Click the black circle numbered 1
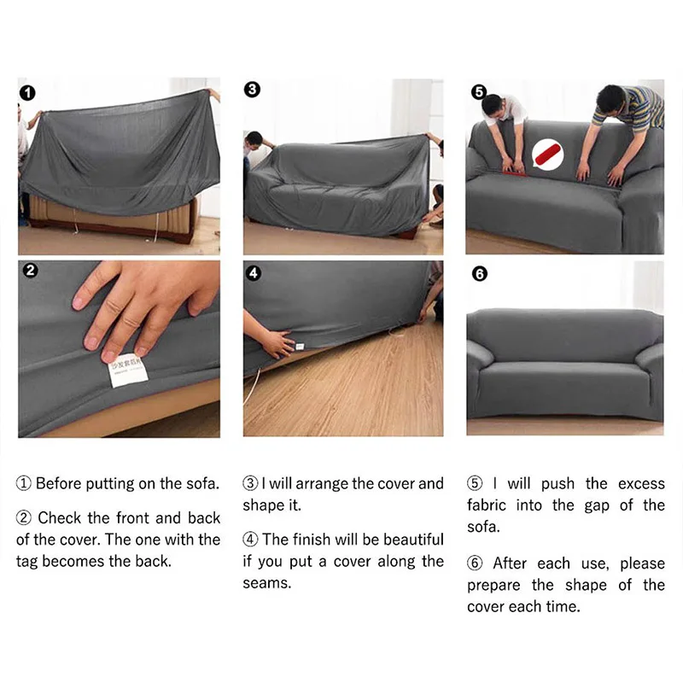(x=28, y=92)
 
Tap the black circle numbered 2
(x=30, y=271)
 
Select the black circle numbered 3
(x=252, y=90)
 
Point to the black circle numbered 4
(x=253, y=273)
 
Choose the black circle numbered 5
(x=478, y=91)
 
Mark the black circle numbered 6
(x=479, y=273)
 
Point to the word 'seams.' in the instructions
(x=266, y=583)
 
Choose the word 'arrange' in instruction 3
(x=325, y=483)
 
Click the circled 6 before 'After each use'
(x=476, y=563)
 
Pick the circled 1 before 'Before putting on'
(x=24, y=483)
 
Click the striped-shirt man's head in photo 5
(x=610, y=98)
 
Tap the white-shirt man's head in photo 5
(x=493, y=104)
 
